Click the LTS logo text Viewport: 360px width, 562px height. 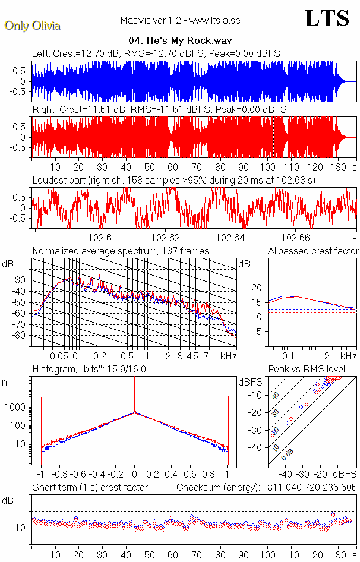[x=326, y=18]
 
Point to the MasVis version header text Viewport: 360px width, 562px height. [x=179, y=20]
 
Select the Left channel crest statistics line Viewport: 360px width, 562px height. [x=156, y=54]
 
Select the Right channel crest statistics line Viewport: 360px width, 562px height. [x=159, y=110]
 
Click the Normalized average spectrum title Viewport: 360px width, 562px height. [x=121, y=251]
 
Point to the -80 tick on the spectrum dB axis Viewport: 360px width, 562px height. [x=20, y=336]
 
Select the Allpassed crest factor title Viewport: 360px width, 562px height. [x=313, y=251]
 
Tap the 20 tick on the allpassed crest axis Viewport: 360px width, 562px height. [x=257, y=288]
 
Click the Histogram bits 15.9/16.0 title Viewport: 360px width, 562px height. [x=89, y=370]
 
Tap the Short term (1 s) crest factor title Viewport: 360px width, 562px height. [x=90, y=488]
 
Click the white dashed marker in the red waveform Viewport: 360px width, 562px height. [x=274, y=137]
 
